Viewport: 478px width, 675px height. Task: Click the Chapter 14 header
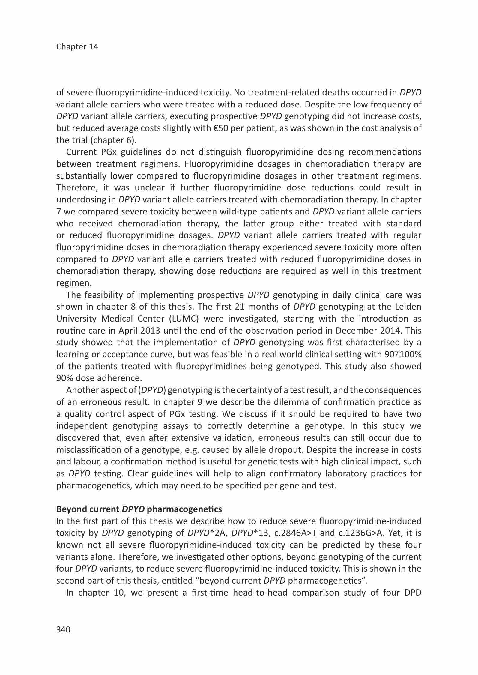(x=77, y=47)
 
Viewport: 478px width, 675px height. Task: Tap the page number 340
(x=63, y=629)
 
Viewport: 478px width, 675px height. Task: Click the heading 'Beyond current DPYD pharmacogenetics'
(x=139, y=509)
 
